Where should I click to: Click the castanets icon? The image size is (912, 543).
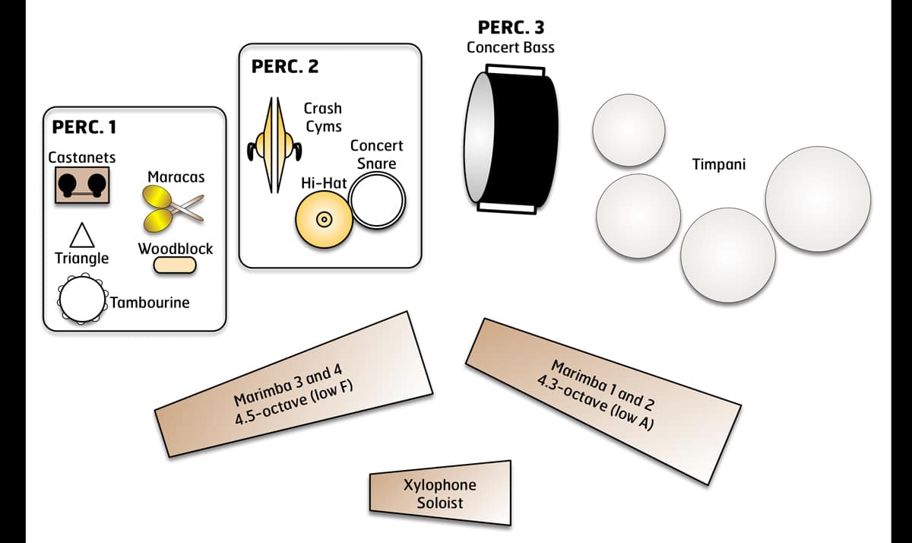pos(82,185)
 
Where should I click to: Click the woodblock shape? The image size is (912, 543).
pos(175,265)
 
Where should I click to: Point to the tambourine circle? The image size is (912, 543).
pos(81,300)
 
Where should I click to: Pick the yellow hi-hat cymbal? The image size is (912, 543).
pos(322,219)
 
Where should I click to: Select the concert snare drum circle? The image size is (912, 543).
pos(377,201)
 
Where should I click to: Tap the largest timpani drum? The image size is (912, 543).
pos(818,198)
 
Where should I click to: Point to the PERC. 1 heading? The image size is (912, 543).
pos(84,127)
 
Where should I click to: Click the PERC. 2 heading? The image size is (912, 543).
pos(284,66)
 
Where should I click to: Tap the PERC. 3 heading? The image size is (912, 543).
pos(511,27)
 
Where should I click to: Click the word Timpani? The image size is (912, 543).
pos(719,164)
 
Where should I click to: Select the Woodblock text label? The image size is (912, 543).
pos(176,249)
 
